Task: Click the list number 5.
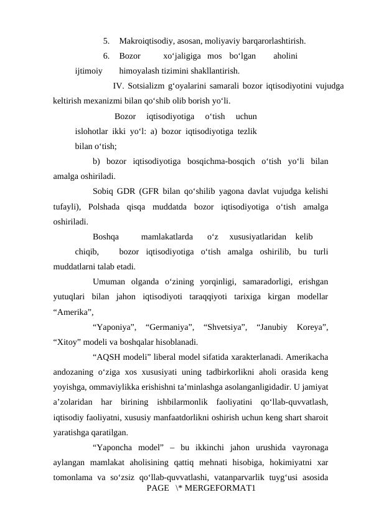[106, 42]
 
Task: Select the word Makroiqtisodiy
[146, 42]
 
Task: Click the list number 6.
[106, 56]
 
